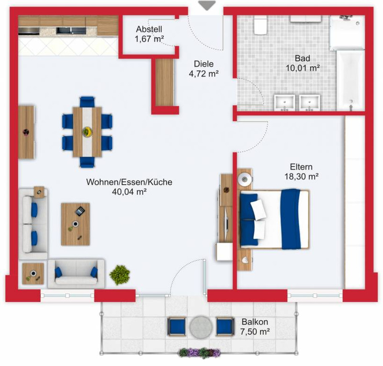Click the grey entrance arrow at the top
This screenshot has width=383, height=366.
click(x=207, y=5)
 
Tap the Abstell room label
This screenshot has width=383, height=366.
click(x=149, y=29)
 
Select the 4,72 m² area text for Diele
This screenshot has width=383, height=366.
click(x=203, y=74)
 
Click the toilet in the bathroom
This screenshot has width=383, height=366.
click(x=260, y=25)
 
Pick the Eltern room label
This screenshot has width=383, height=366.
click(x=301, y=167)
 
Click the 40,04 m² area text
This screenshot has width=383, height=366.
click(x=129, y=192)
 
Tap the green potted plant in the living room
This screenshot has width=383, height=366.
click(x=120, y=275)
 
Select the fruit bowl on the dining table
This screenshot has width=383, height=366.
click(x=87, y=132)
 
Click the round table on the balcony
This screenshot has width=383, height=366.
click(x=201, y=327)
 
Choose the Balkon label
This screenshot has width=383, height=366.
click(x=255, y=322)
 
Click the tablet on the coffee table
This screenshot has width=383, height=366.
click(x=80, y=211)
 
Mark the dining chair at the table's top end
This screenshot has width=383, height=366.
click(x=87, y=102)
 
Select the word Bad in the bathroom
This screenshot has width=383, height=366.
click(x=303, y=58)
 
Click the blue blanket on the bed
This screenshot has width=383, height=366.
click(x=291, y=219)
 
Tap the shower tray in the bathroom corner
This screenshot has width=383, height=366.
click(x=347, y=32)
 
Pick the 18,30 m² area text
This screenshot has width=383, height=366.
click(x=302, y=176)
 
